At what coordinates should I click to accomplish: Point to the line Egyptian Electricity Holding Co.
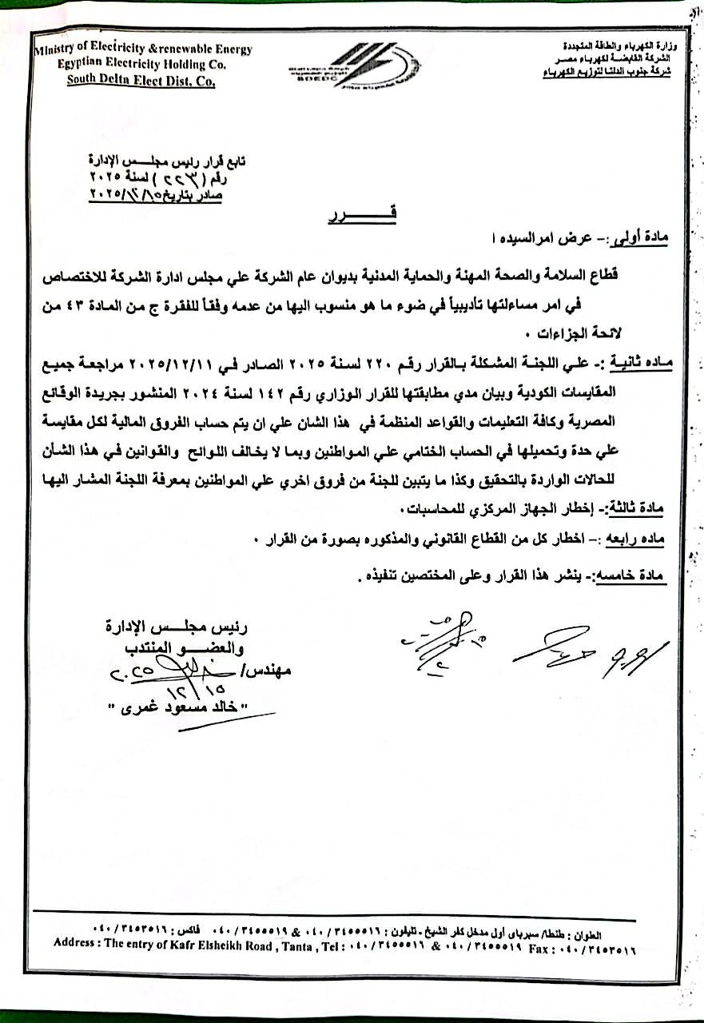[141, 64]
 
